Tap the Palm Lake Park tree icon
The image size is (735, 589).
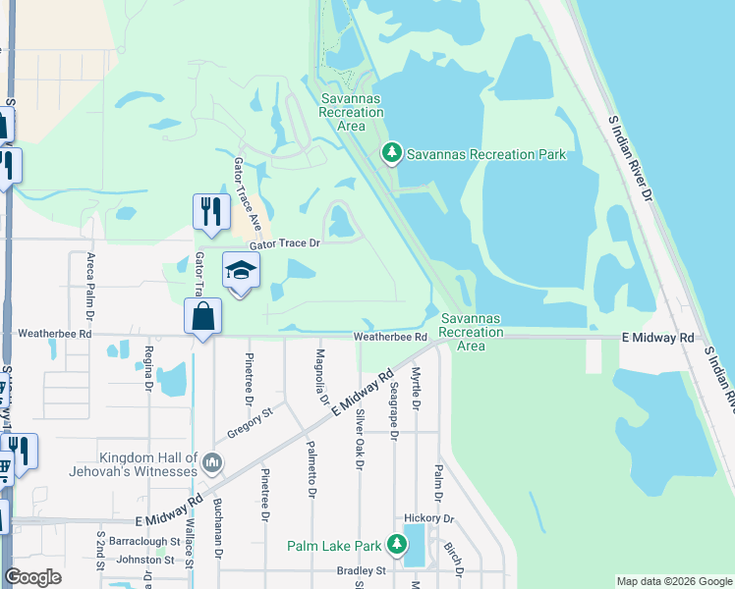[x=396, y=544]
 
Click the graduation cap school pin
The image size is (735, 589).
[x=241, y=271]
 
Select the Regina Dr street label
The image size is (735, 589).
[x=149, y=368]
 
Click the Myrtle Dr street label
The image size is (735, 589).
[x=417, y=388]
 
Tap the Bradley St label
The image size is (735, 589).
[x=359, y=570]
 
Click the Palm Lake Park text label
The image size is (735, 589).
[x=334, y=546]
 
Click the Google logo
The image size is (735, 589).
[x=32, y=577]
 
